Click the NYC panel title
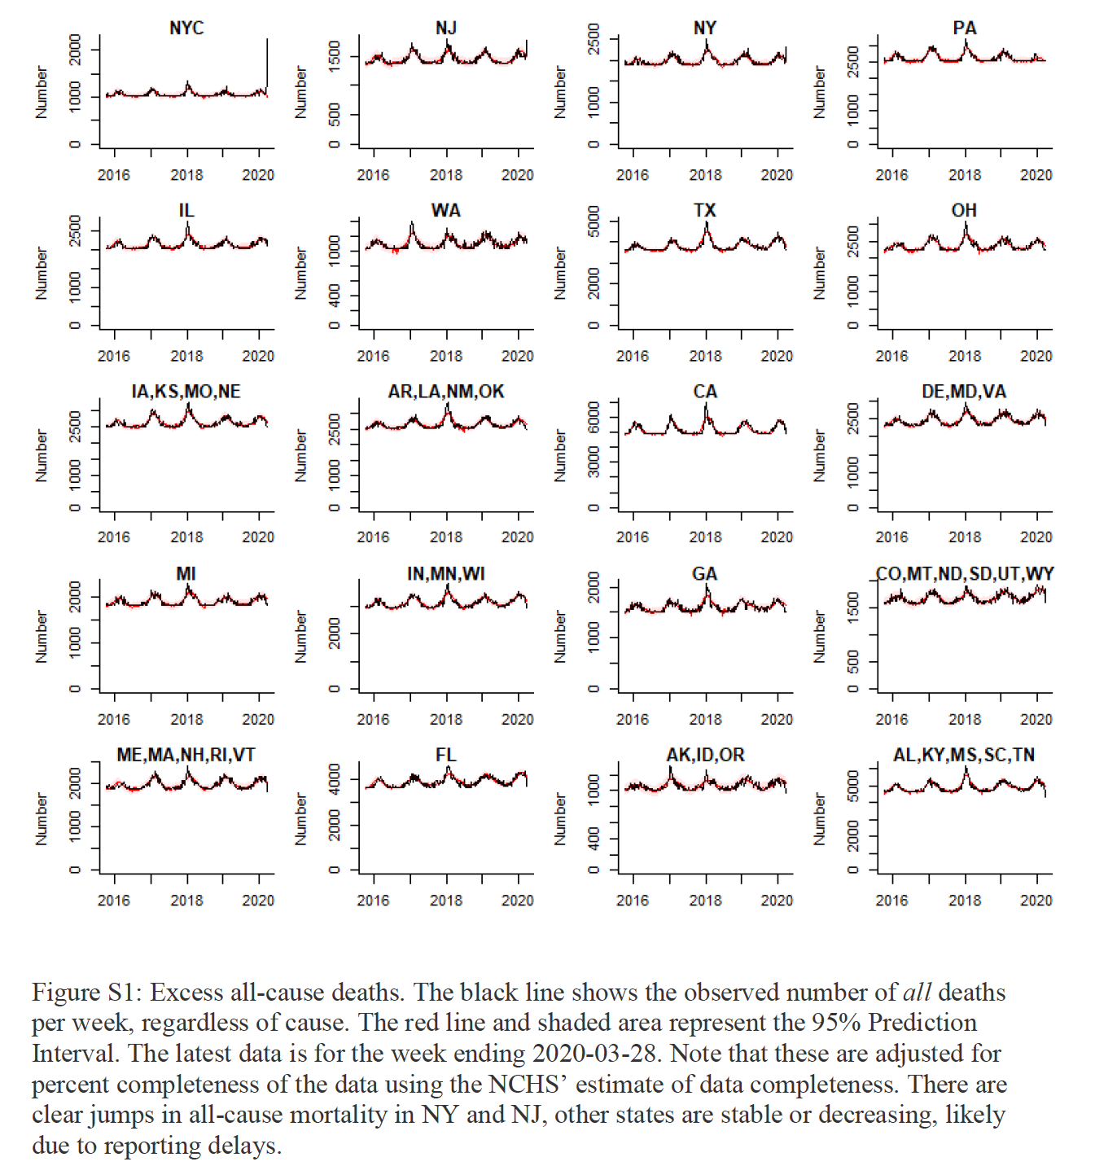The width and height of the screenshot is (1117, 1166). [186, 28]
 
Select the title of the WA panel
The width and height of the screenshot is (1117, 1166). [445, 211]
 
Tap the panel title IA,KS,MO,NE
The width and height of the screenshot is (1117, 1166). [186, 392]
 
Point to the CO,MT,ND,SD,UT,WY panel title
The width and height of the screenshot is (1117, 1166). [965, 574]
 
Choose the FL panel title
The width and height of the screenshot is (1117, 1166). [445, 756]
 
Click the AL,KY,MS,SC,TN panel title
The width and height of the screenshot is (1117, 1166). [964, 756]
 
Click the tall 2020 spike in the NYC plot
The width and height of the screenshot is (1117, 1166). [267, 57]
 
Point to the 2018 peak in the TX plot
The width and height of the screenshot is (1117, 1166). [707, 226]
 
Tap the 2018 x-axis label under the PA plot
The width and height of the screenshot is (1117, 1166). [965, 175]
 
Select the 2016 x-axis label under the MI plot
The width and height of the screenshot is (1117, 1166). [113, 720]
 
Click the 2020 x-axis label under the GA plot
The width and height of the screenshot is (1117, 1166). [777, 720]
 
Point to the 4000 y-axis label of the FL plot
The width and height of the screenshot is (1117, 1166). [335, 779]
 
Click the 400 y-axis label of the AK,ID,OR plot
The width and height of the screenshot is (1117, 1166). [594, 839]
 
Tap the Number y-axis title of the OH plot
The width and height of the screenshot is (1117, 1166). [819, 274]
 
